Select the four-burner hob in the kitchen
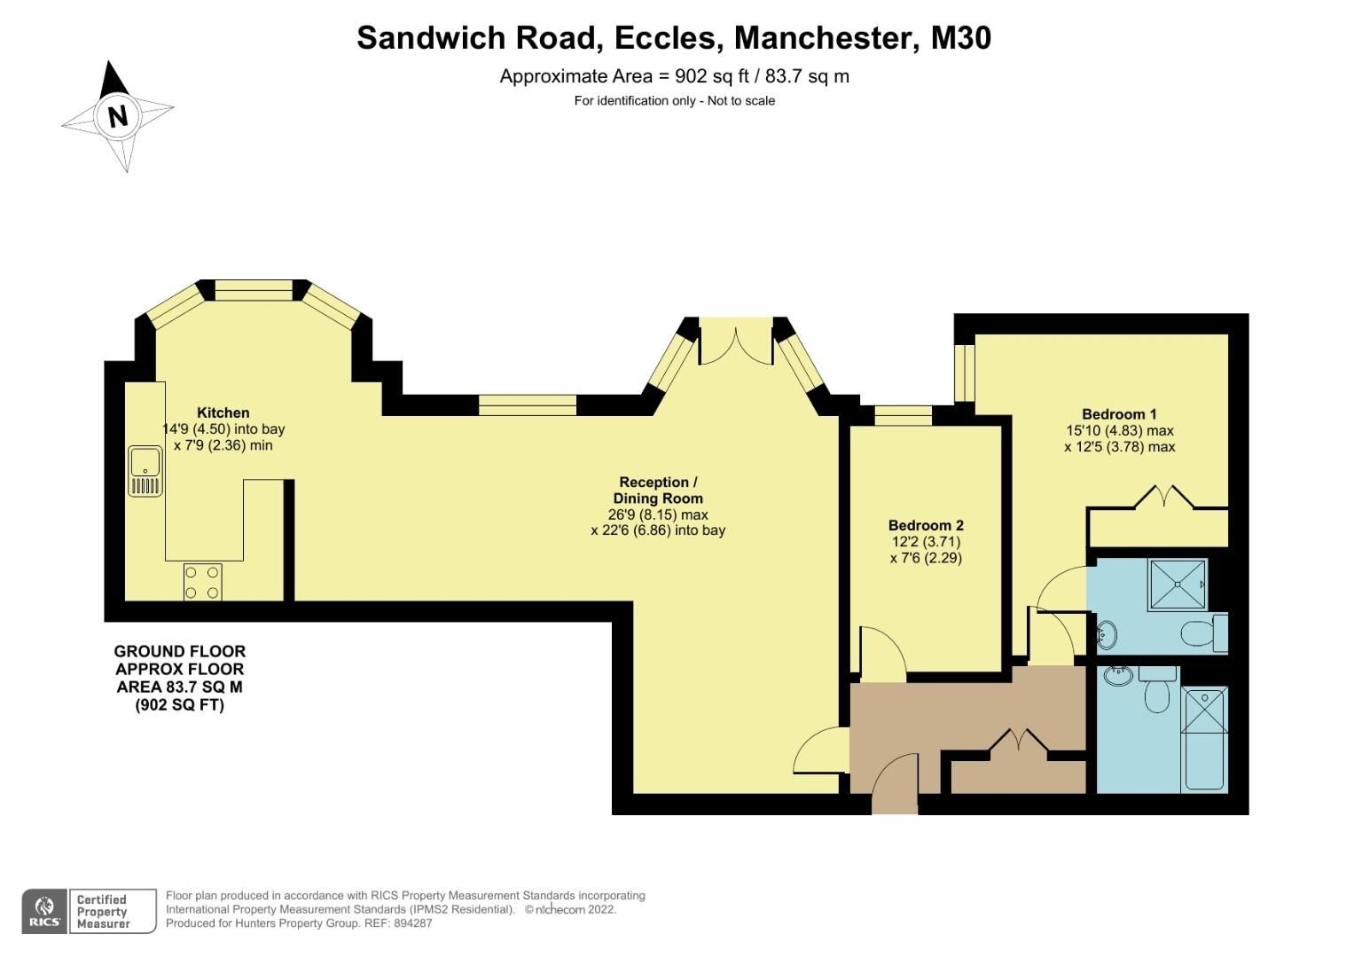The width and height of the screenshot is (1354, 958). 203,582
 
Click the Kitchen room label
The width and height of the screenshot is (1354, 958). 223,412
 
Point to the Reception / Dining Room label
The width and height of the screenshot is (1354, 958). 657,491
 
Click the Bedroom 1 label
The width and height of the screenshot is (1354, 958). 1119,414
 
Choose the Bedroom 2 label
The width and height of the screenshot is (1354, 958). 926,525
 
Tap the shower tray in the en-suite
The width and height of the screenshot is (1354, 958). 1178,584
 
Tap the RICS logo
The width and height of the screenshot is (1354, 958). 44,911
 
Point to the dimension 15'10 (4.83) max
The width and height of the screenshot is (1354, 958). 1119,431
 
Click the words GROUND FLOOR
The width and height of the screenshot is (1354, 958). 180,652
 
